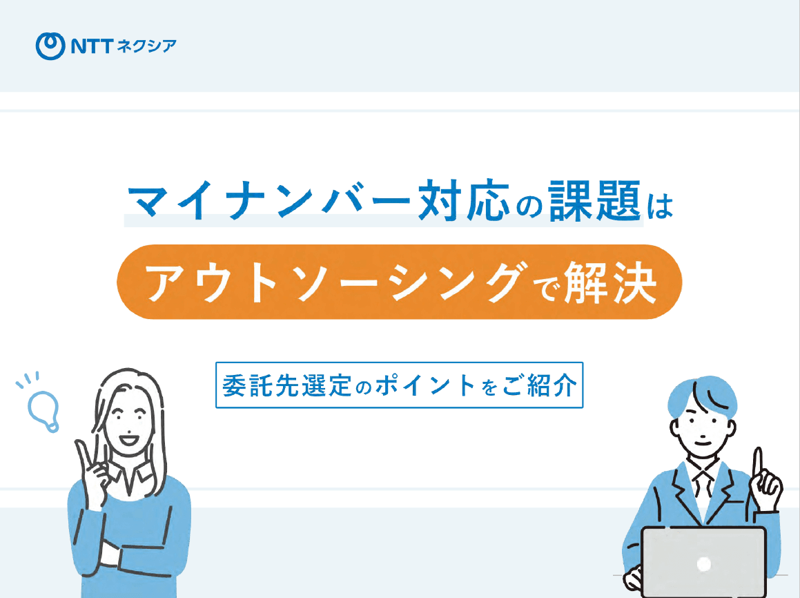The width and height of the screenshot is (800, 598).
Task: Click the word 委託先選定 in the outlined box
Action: tap(287, 385)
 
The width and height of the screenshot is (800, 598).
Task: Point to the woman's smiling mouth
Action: tap(128, 439)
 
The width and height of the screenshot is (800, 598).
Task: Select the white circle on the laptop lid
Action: tap(703, 564)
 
